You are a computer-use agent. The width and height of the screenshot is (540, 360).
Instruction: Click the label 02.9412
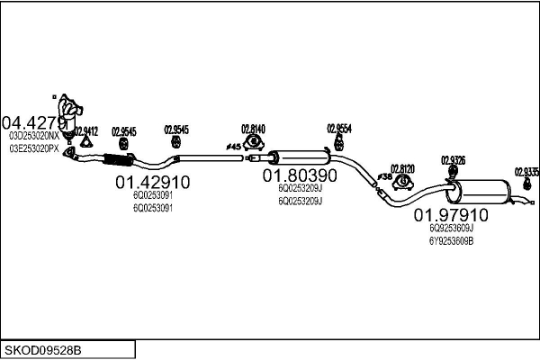tap(86, 130)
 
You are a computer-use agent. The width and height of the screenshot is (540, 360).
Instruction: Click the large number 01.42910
tap(152, 183)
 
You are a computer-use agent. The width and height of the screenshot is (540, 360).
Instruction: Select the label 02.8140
tap(253, 129)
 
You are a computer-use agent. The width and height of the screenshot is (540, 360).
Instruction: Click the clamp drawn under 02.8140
tap(253, 140)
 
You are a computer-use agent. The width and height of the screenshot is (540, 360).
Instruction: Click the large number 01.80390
tap(300, 176)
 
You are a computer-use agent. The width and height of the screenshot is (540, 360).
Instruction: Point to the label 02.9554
tap(339, 128)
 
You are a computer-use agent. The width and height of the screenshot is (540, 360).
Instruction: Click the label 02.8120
tap(402, 168)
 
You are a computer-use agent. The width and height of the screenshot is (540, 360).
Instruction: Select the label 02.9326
tap(453, 160)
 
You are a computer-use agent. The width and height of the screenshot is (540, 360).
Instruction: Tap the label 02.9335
tap(526, 170)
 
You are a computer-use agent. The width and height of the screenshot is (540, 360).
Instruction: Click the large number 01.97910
tap(451, 216)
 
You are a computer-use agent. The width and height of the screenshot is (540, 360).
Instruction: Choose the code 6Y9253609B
tap(451, 241)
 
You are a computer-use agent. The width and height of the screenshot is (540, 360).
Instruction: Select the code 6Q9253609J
tap(451, 229)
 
